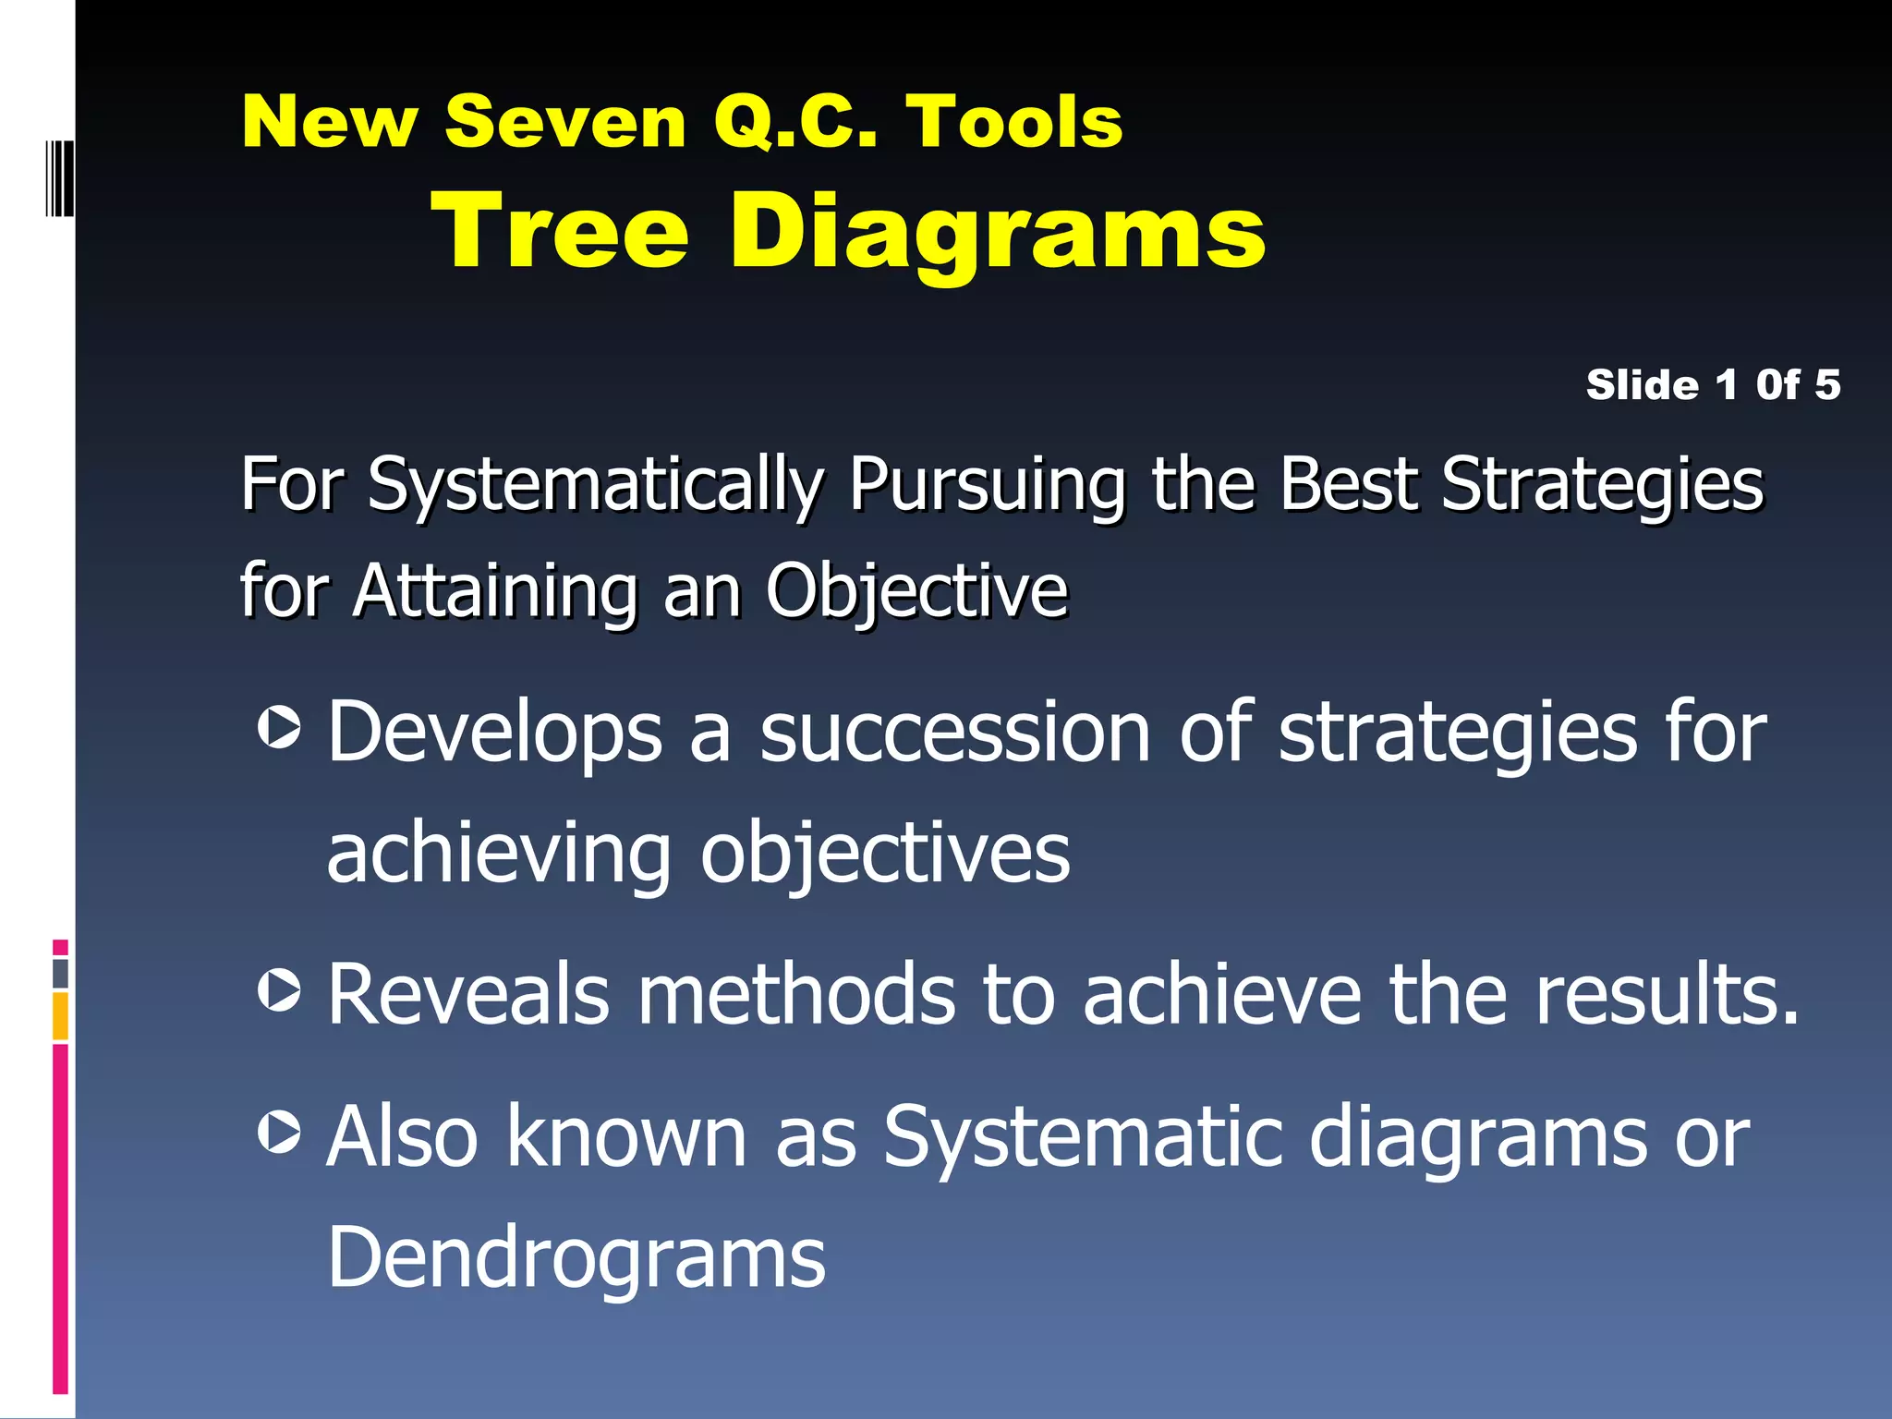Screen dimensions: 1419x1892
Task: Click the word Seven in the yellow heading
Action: pos(564,122)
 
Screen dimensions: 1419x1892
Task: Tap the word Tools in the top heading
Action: pos(1013,122)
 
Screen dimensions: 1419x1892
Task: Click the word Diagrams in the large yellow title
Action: pos(998,233)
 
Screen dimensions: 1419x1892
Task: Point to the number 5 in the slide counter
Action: pos(1826,384)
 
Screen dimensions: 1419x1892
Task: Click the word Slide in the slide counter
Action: pos(1642,384)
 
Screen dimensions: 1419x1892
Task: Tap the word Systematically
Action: pos(595,485)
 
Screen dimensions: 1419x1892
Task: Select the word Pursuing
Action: pos(987,485)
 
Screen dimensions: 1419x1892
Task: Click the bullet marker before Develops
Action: pos(279,728)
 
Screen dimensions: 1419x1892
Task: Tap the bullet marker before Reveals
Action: pos(279,991)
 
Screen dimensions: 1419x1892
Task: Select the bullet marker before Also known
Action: pos(279,1133)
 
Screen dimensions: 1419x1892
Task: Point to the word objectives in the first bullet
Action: pos(884,855)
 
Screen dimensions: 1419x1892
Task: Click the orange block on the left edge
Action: pos(60,1015)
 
